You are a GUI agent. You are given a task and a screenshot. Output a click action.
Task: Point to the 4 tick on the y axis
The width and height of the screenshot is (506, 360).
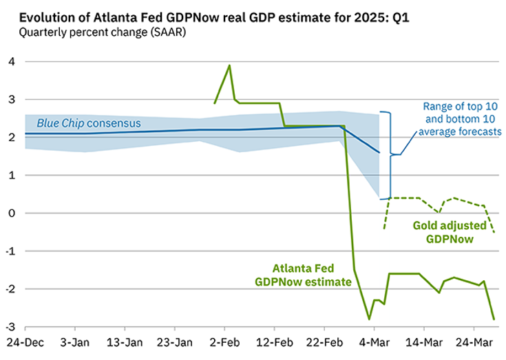10,62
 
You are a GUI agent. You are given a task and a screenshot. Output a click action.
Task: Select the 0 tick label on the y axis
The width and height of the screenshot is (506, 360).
10,213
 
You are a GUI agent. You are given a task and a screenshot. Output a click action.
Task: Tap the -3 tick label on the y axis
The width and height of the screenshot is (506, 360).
9,327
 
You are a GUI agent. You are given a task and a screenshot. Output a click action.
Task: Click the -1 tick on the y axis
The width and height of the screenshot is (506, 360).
9,251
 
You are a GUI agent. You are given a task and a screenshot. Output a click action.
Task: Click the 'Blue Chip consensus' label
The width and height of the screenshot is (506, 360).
89,123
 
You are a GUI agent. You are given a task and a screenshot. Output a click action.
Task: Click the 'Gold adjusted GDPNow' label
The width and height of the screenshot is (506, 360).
449,232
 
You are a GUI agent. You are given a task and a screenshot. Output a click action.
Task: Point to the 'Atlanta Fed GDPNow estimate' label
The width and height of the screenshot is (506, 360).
303,275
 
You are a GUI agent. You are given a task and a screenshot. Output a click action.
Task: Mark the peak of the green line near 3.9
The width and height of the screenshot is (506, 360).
229,65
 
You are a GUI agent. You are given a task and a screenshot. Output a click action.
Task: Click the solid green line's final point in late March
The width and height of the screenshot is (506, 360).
494,319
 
